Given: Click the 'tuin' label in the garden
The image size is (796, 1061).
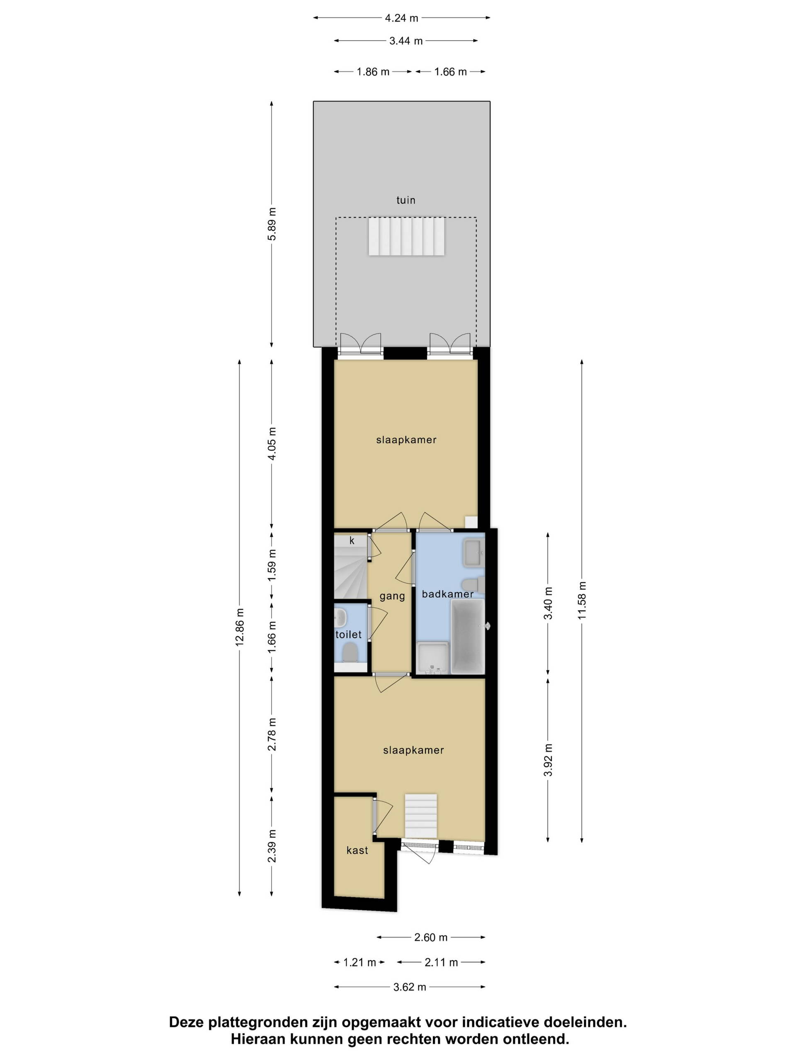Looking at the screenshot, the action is point(405,200).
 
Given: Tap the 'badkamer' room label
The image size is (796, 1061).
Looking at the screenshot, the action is point(448,594).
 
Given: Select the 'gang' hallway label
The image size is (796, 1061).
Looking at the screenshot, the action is point(392,596).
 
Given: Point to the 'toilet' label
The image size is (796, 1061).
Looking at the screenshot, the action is point(348,635).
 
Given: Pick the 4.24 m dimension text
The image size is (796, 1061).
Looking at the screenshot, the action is point(402,18).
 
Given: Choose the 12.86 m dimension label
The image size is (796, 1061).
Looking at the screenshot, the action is point(240,627).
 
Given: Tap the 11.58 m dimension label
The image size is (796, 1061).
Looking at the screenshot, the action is point(582,600).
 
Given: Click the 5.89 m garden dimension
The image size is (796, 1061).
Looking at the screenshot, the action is point(272,224).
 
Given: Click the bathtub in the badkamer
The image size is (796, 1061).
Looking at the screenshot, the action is point(467,636).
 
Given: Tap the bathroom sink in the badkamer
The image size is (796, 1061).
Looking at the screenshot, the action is point(473,553).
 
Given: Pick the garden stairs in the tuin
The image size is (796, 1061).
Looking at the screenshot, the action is point(407,237).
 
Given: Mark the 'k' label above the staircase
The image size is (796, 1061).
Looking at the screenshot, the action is point(352,540).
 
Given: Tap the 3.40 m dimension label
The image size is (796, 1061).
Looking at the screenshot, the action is point(548,603).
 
